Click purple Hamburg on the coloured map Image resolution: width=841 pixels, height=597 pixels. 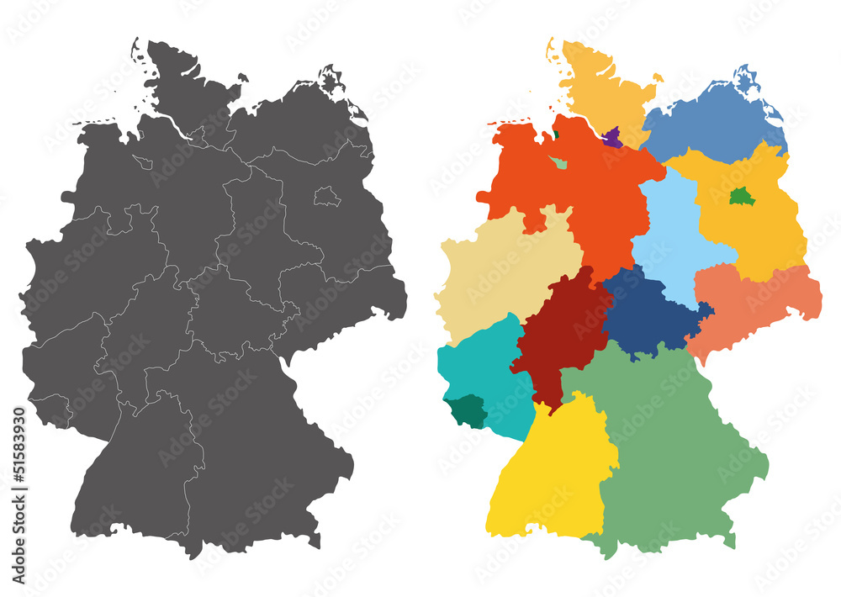612,138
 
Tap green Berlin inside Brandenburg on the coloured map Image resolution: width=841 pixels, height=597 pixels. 739,196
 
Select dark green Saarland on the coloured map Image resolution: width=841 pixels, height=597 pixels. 467,411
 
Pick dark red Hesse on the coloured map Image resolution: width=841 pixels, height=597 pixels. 559,336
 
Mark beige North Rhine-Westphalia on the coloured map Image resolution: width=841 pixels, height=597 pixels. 505,269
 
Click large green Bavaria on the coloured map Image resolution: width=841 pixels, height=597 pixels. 673,446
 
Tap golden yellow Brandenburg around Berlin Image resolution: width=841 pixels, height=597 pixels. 757,227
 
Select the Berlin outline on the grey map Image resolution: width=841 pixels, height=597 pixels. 327,198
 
